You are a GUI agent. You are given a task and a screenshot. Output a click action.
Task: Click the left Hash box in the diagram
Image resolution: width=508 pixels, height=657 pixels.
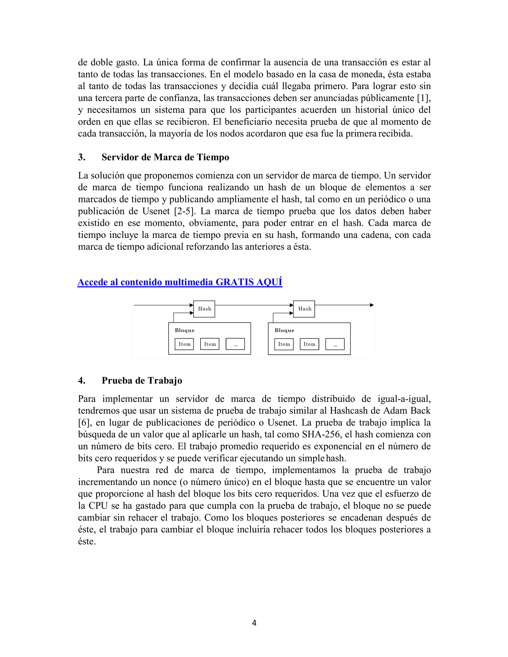pos(204,309)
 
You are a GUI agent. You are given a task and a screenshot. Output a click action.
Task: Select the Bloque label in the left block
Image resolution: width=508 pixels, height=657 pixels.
pos(185,330)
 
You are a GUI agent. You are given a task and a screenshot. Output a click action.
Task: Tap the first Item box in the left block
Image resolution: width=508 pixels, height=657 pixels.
pos(184,344)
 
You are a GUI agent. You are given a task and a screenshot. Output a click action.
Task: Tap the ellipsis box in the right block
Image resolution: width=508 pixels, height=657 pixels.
pos(335,344)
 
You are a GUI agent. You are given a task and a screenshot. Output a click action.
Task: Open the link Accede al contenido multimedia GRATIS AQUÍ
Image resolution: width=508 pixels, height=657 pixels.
pos(180,282)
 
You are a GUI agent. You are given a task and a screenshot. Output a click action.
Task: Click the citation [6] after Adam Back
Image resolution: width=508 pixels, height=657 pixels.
pos(84,422)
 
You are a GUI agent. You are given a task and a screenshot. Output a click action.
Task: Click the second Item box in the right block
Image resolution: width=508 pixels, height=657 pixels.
pos(309,344)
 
